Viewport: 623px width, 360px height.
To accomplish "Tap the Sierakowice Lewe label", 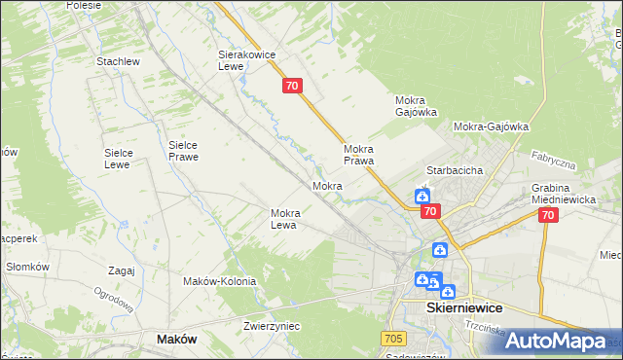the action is tap(243, 61).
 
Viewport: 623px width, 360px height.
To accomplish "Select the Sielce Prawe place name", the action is tap(183, 149).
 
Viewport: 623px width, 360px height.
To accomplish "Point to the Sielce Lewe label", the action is tap(125, 159).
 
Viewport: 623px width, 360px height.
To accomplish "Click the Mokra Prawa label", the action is tap(359, 155).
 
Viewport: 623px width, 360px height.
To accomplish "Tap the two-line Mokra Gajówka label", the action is tap(416, 106).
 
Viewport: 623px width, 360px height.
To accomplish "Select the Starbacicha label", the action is tap(455, 169).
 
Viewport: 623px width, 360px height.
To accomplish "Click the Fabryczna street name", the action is tap(554, 161).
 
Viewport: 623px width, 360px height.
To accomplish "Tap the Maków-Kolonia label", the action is tap(219, 281).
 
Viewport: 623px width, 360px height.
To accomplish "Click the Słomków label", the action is tap(27, 267).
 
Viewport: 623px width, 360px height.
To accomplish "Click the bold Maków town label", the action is tap(176, 339).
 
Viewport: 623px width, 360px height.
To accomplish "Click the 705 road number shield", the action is tap(393, 338).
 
